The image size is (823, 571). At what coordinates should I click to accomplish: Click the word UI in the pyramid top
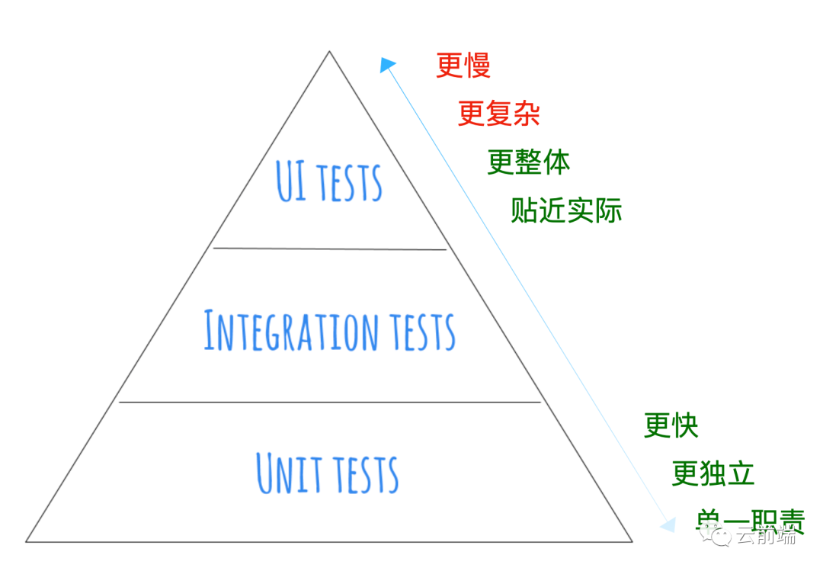pos(290,182)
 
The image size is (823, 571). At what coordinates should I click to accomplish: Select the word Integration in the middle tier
pos(290,330)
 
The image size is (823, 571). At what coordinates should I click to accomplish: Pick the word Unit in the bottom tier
pos(285,473)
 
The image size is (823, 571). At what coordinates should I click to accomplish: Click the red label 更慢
pos(463,66)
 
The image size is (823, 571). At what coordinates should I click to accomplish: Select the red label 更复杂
pos(499,114)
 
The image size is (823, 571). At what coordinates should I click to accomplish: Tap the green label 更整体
pos(529,162)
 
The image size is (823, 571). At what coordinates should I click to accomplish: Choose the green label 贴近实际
pos(566,210)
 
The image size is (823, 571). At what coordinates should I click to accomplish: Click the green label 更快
pos(671,425)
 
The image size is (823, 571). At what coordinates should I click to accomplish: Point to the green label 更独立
pos(713,473)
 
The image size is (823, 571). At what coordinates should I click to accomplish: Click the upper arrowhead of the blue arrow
pos(387,64)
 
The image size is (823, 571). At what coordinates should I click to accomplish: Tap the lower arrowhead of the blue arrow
pos(668,525)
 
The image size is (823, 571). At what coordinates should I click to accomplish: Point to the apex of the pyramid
pos(329,52)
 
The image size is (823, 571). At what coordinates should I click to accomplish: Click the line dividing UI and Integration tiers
pos(329,249)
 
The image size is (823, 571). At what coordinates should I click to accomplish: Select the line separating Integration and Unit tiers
pos(329,402)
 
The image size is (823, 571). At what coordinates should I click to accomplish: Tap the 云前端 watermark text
pos(766,537)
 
